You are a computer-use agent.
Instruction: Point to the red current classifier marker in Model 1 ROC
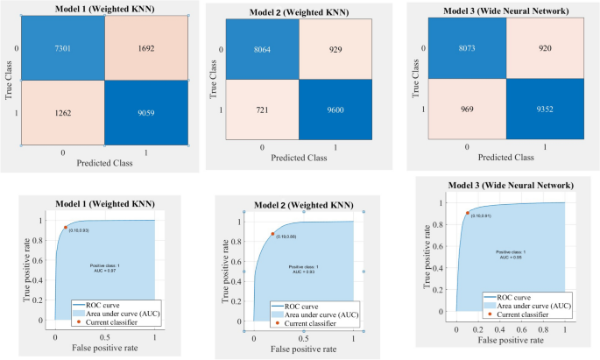tap(65, 228)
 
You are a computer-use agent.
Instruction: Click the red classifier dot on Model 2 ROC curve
tap(272, 234)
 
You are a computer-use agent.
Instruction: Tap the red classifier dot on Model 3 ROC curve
tap(467, 212)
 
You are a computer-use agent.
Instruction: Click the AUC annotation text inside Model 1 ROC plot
tap(105, 268)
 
